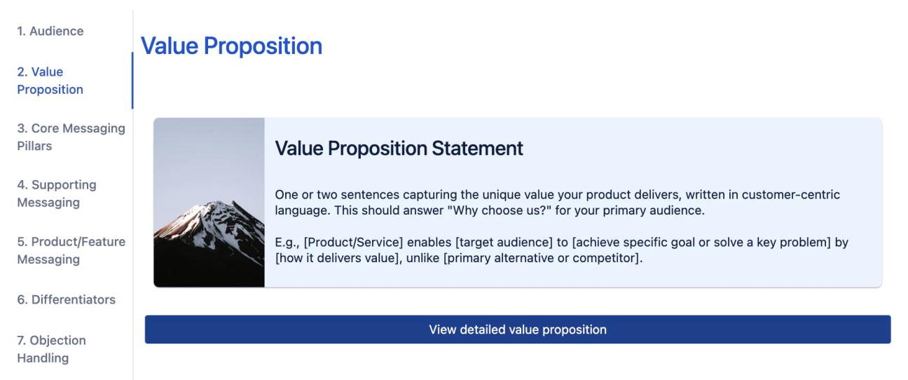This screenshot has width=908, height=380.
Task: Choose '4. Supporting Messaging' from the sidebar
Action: point(55,194)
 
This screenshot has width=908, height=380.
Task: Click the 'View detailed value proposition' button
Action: point(517,330)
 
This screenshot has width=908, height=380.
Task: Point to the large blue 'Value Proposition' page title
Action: point(231,46)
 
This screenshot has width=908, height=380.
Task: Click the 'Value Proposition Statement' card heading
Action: point(399,149)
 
